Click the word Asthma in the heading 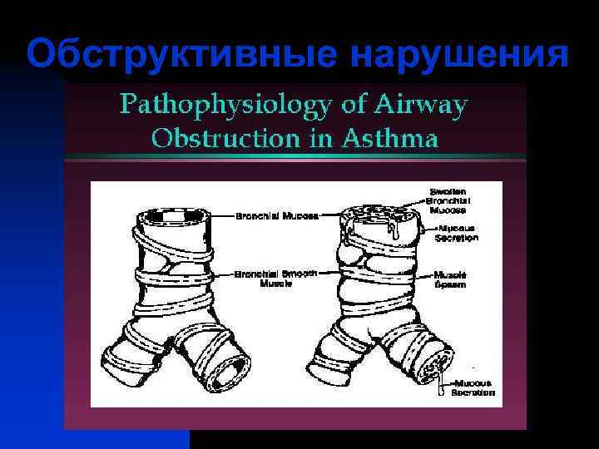tap(394, 137)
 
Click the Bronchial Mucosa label tap(265, 215)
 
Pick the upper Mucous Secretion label tap(456, 232)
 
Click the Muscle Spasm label tap(450, 279)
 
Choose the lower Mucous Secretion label tap(472, 387)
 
